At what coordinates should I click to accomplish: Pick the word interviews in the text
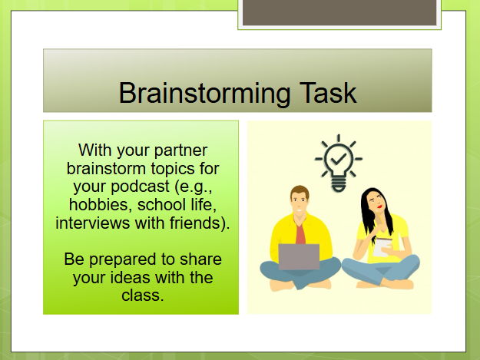click(91, 223)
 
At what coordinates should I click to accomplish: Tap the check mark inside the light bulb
click(339, 158)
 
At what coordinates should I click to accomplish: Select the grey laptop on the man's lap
click(298, 257)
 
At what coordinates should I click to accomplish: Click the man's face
click(300, 203)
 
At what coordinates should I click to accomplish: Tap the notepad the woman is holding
click(382, 246)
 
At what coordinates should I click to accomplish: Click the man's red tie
click(300, 231)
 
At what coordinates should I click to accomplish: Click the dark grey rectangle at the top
click(339, 12)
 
